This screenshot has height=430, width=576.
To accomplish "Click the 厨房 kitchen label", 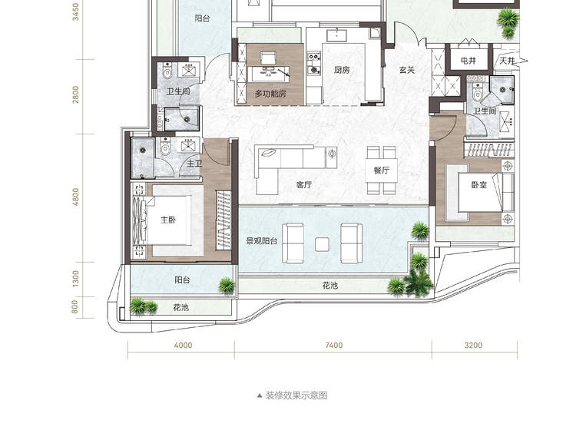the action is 342,70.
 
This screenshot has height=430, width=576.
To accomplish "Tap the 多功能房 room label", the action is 270,94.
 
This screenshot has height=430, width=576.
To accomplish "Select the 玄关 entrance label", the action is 407,70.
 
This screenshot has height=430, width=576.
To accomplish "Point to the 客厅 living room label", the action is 304,185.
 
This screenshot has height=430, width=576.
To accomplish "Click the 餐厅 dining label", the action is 381,170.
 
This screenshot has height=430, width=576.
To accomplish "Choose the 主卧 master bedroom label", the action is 168,220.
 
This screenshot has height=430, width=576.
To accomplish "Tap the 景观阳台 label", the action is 262,241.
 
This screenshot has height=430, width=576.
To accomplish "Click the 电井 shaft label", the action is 468,61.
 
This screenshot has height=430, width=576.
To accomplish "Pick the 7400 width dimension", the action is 334,346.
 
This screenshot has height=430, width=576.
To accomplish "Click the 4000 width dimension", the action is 183,346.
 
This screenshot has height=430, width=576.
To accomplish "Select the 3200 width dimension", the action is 473,346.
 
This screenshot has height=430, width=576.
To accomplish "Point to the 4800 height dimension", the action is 75,197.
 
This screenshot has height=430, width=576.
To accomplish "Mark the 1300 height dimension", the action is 75,279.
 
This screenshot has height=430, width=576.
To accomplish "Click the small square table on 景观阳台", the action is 322,244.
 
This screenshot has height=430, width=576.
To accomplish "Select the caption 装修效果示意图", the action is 296,395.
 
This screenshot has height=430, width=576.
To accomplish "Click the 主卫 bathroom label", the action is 194,163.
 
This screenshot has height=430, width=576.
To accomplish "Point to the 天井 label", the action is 507,61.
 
